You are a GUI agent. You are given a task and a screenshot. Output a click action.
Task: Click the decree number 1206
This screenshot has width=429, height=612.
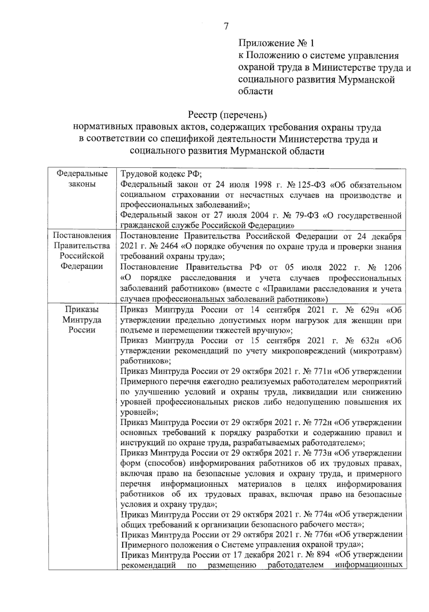click(x=392, y=267)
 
